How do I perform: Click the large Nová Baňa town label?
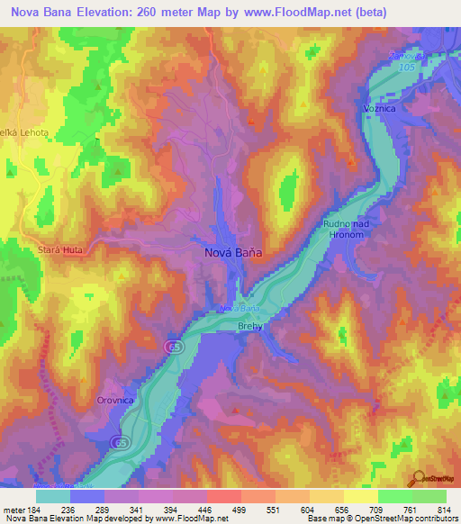pyautogui.click(x=230, y=254)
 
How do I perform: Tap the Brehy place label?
pyautogui.click(x=250, y=327)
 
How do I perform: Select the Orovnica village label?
pyautogui.click(x=116, y=400)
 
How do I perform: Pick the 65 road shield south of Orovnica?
pyautogui.click(x=119, y=442)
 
